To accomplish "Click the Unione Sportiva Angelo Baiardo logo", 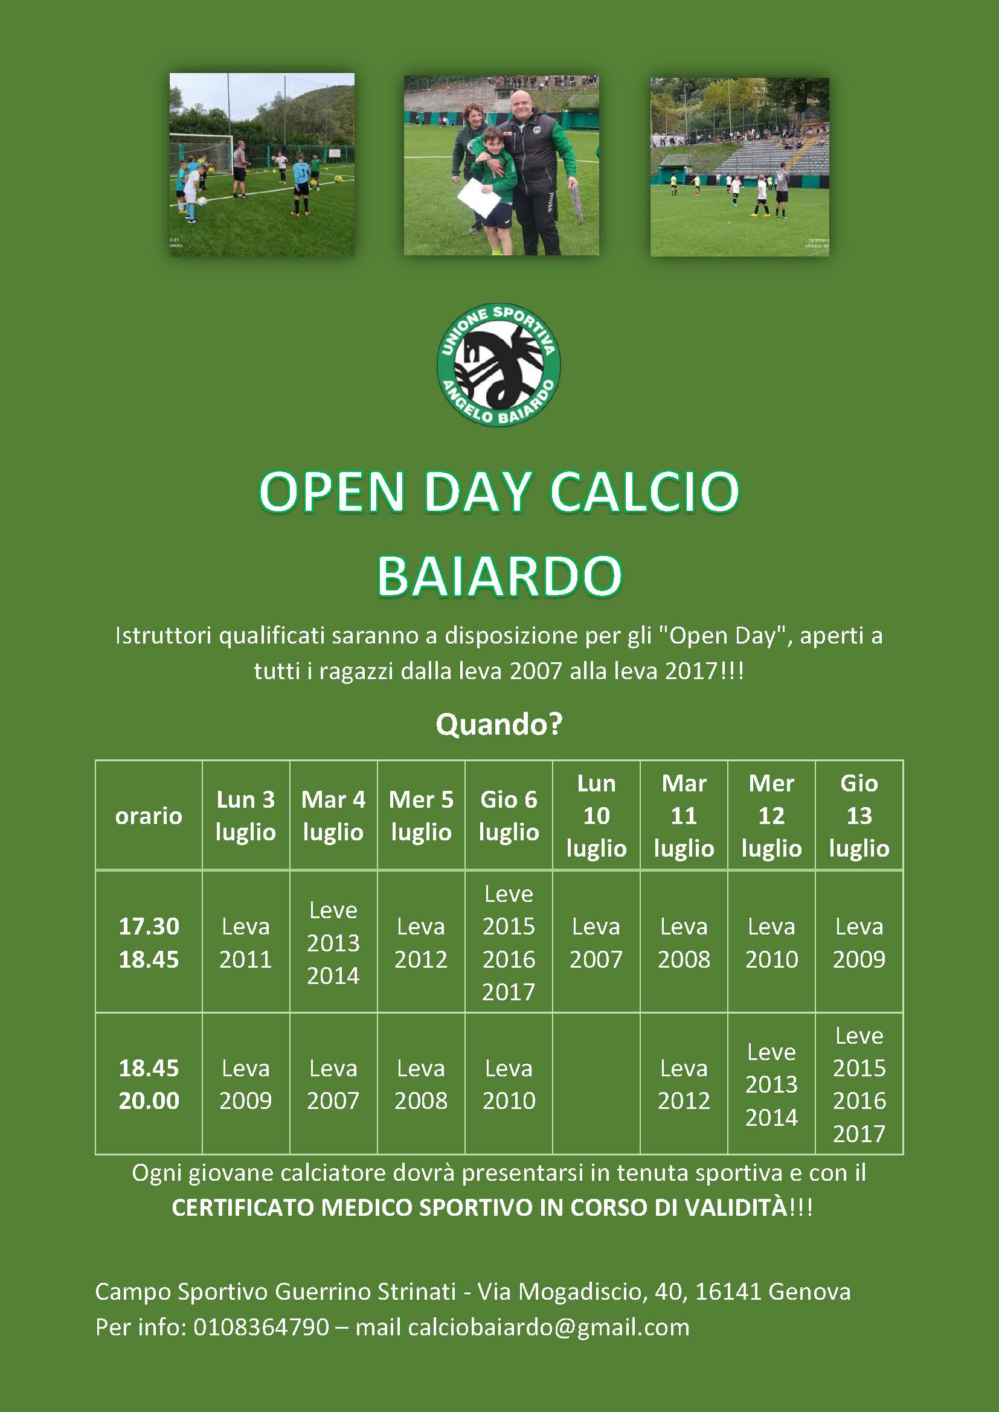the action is (x=499, y=365).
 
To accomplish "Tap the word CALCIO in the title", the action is (x=644, y=492).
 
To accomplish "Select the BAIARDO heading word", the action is (x=499, y=577).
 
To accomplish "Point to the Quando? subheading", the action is (x=499, y=724).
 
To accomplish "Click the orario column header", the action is (x=149, y=816).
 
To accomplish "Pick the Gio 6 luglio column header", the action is (x=509, y=816).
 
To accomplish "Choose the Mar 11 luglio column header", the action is (x=684, y=816).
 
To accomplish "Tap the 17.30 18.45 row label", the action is (x=149, y=942).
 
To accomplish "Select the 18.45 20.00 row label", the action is (x=149, y=1084).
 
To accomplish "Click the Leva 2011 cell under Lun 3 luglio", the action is (x=245, y=942).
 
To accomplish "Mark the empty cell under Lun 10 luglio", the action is (x=596, y=1084).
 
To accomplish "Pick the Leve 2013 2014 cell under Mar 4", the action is (x=333, y=942).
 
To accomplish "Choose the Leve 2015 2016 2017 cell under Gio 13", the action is (x=859, y=1084).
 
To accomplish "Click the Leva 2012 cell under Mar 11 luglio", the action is (x=684, y=1084).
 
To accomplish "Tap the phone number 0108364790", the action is (x=262, y=1327).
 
